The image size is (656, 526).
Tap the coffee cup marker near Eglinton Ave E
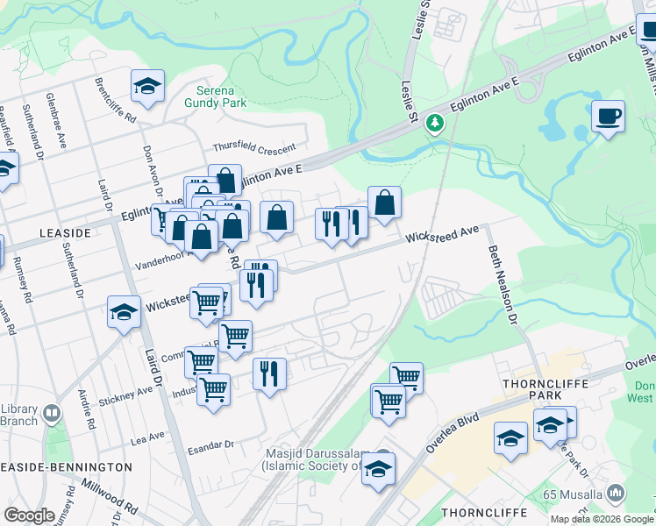click(608, 116)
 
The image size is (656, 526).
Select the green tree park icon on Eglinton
click(434, 124)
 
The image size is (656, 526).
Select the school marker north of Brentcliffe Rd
click(147, 87)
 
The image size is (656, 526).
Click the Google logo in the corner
click(29, 515)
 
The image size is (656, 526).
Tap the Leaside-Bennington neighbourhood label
click(66, 467)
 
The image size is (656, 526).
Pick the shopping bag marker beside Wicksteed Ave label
click(384, 203)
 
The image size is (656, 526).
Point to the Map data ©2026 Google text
click(602, 518)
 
